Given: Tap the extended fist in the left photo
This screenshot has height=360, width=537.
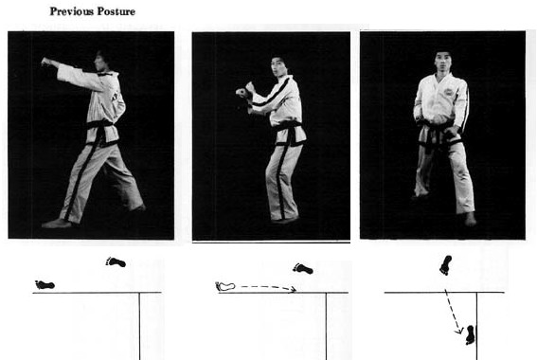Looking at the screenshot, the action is coord(45,62).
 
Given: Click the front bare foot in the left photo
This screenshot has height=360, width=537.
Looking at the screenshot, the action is coord(56,224).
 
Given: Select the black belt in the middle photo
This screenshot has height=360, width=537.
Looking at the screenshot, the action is coord(290,132).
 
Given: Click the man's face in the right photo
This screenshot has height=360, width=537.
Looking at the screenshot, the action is coord(443,63).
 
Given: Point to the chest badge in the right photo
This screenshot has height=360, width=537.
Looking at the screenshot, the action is coord(449,92).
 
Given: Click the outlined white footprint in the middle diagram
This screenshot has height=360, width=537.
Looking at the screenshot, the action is coord(225,286).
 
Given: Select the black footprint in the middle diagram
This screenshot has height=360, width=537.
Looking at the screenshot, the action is coord(303,268).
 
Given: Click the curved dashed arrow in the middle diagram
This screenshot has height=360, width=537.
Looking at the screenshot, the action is coord(268,287).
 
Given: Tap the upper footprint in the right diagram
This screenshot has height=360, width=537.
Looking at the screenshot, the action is coord(446,264).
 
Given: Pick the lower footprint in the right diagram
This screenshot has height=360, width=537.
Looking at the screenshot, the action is coord(471,334).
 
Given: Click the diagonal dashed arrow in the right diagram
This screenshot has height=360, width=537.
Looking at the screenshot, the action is coord(454,312).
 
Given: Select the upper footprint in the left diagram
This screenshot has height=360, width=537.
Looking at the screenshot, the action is coord(116,262).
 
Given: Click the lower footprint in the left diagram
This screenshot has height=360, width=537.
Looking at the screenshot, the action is coord(45,284).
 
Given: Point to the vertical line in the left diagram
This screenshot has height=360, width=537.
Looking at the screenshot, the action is coord(139,326).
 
